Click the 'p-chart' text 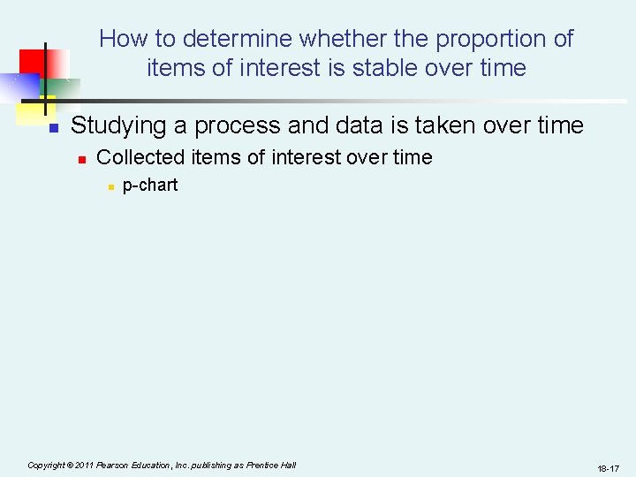[x=149, y=185]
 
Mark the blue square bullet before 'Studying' [x=53, y=128]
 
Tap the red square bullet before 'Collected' [x=79, y=160]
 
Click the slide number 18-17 [x=608, y=468]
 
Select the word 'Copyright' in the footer [x=46, y=465]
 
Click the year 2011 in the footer [x=85, y=465]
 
